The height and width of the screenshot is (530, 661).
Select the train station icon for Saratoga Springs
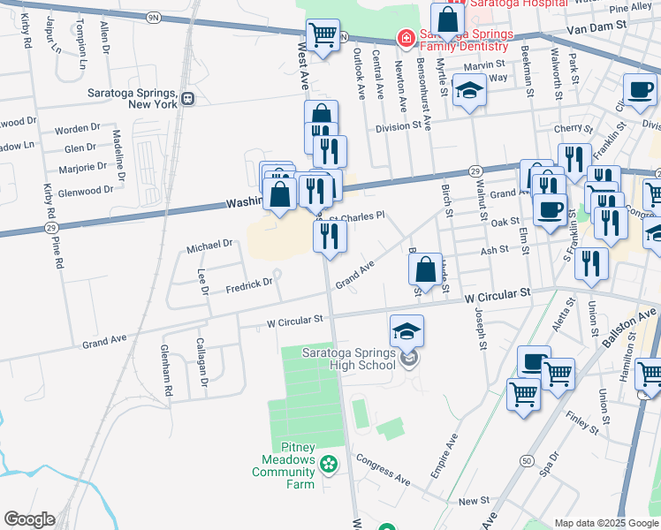pyautogui.click(x=188, y=99)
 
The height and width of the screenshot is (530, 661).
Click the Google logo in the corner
pyautogui.click(x=29, y=519)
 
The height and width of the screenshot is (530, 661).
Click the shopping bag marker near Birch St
pyautogui.click(x=426, y=269)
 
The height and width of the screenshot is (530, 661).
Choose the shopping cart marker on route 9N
pyautogui.click(x=323, y=35)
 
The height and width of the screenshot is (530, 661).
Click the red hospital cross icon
pyautogui.click(x=405, y=38)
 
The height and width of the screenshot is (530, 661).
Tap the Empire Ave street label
pyautogui.click(x=444, y=456)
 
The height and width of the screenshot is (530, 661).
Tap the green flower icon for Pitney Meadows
pyautogui.click(x=329, y=463)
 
